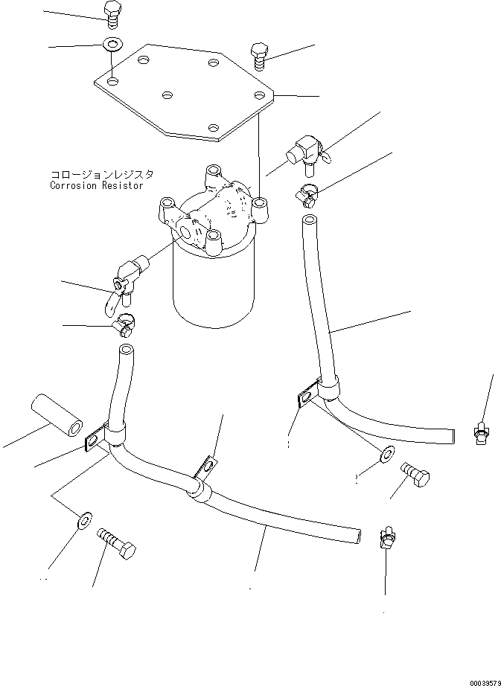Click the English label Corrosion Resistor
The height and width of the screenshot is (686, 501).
click(97, 185)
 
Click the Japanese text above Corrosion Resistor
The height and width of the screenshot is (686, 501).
click(101, 175)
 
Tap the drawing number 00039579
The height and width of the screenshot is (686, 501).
click(485, 682)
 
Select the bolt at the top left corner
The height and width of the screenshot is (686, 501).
click(112, 15)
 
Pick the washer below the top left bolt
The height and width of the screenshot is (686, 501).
click(112, 43)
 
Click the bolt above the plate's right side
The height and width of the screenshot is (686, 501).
click(260, 56)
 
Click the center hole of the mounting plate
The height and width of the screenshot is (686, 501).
click(167, 95)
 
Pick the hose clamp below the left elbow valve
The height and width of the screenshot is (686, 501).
click(124, 326)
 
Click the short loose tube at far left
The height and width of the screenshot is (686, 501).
click(57, 414)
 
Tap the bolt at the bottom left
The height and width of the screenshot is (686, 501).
click(116, 542)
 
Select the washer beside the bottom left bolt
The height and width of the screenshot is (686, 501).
click(84, 519)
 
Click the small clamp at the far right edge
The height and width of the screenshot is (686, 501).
click(480, 433)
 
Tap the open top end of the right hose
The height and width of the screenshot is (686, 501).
click(310, 219)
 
